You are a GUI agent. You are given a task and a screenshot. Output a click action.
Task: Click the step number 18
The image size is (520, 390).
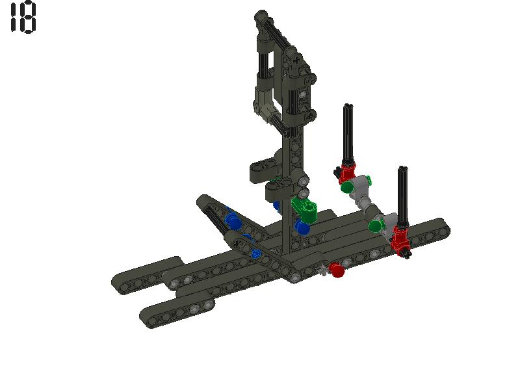[23, 18]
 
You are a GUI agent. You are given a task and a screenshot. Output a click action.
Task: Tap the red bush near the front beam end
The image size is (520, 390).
[336, 270]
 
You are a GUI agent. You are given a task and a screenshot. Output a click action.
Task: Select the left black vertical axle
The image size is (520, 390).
[348, 133]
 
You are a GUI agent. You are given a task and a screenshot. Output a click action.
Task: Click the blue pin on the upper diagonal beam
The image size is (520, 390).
[233, 221]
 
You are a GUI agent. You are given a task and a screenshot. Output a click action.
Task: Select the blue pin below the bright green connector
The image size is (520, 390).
[302, 227]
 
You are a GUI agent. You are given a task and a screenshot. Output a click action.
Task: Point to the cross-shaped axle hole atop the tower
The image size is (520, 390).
[297, 59]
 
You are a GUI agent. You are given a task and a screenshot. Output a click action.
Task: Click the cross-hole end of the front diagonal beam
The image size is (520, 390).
[237, 243]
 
